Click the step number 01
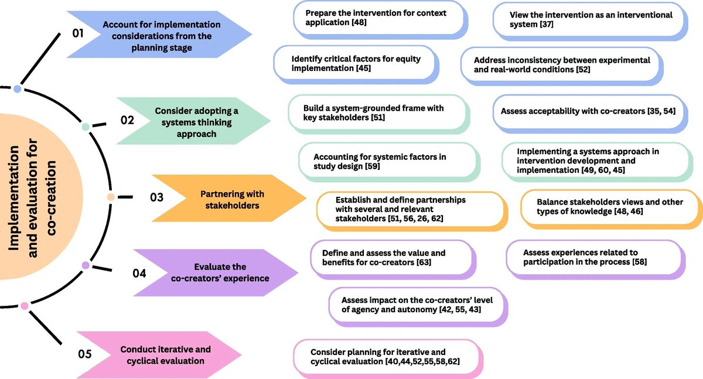pos(78,33)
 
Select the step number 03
pos(156,197)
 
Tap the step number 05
pos(86,353)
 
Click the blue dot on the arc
pos(18,89)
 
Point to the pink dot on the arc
pos(24,306)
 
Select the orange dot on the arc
pos(110,197)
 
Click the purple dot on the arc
pos(86,265)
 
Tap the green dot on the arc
pos(86,127)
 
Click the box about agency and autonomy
pos(417,304)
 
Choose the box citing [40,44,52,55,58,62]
pos(387,357)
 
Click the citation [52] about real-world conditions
pos(581,70)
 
